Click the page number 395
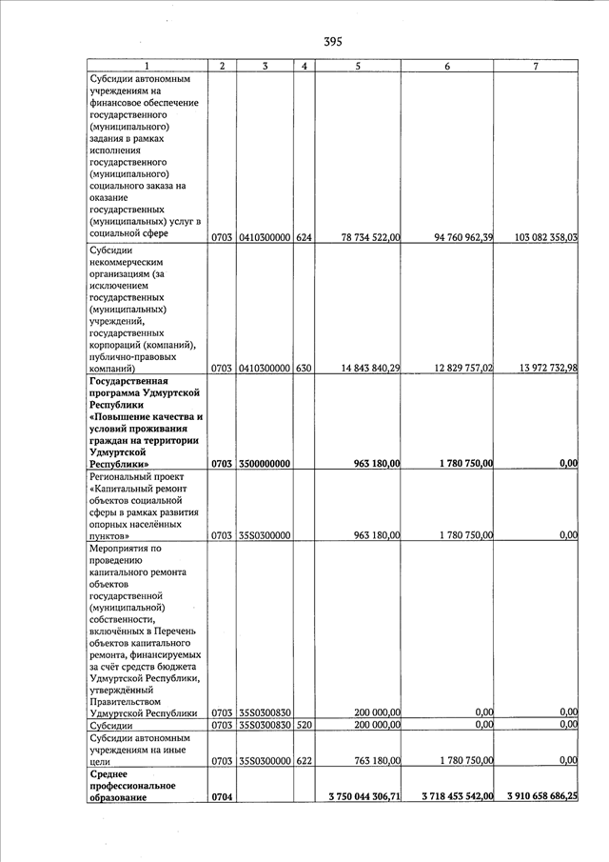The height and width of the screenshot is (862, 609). (x=332, y=41)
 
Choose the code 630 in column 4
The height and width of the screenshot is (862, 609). (x=304, y=369)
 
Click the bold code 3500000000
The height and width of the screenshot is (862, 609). (x=264, y=464)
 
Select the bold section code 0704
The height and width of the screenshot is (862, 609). (x=222, y=795)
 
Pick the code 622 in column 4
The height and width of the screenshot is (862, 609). (x=304, y=760)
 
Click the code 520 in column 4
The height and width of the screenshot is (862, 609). (x=304, y=726)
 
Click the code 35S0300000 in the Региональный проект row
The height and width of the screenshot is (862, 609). (x=264, y=535)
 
